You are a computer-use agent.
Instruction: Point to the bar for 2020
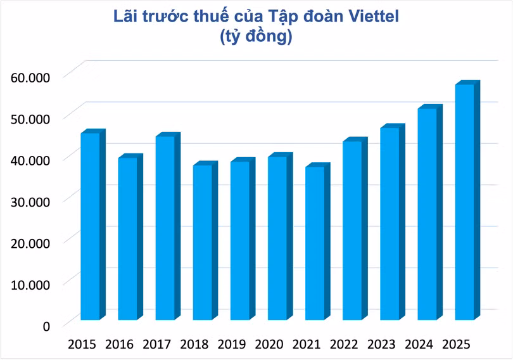click(x=277, y=238)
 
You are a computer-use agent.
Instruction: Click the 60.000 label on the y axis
click(x=31, y=78)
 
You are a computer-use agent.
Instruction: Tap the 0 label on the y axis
click(x=46, y=326)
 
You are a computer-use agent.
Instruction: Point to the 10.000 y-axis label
click(x=31, y=284)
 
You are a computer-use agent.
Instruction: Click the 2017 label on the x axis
click(x=157, y=345)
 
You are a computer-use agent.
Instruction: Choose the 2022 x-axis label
click(x=344, y=345)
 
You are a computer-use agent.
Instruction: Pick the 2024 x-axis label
click(x=419, y=345)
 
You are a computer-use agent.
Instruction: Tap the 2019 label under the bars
click(x=232, y=345)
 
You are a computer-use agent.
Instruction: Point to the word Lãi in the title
click(x=126, y=17)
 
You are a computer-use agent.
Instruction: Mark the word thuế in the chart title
click(x=225, y=17)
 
